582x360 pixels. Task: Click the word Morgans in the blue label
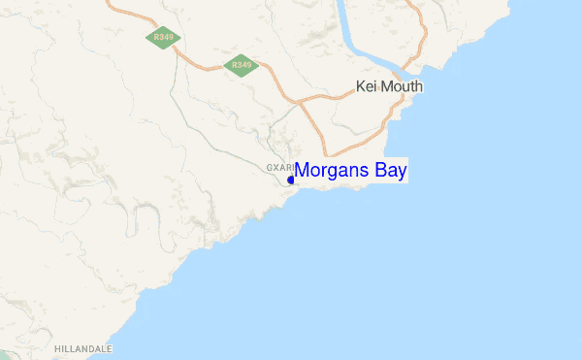coord(330,171)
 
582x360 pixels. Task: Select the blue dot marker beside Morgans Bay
coord(291,180)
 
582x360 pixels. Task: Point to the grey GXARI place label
coord(279,168)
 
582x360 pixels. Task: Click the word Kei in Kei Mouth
coord(367,86)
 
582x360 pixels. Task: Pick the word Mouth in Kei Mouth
coord(403,86)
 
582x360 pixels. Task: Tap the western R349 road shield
coord(161,38)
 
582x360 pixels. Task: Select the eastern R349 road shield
coord(239,66)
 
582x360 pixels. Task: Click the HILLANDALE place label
coord(83,348)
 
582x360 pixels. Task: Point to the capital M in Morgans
coord(302,171)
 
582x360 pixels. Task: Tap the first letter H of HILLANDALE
coord(58,348)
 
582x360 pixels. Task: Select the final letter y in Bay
coord(403,173)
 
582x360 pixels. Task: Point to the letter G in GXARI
coord(270,168)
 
